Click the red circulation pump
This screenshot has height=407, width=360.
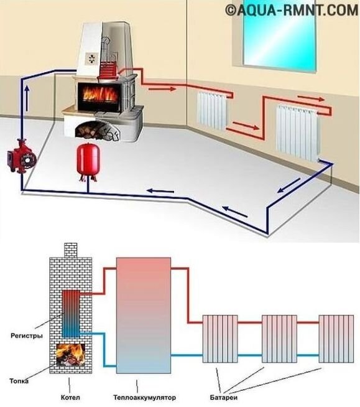(22, 157)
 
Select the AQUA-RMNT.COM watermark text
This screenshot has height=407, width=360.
(292, 11)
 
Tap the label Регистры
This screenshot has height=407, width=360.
(27, 336)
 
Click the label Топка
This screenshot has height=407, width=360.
(19, 381)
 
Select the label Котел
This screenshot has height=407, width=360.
(70, 398)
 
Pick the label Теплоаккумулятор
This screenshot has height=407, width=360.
(144, 398)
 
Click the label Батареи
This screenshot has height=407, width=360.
(224, 398)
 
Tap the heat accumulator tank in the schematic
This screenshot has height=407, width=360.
(144, 316)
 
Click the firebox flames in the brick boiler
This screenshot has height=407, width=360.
(70, 355)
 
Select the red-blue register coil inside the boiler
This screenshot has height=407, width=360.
(71, 314)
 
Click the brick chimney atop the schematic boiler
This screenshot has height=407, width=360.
(70, 250)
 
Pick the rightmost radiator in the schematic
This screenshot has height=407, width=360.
(336, 339)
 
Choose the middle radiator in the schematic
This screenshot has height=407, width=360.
(279, 339)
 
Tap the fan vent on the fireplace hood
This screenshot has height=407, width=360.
(92, 58)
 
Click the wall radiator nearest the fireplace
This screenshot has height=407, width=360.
(213, 111)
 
